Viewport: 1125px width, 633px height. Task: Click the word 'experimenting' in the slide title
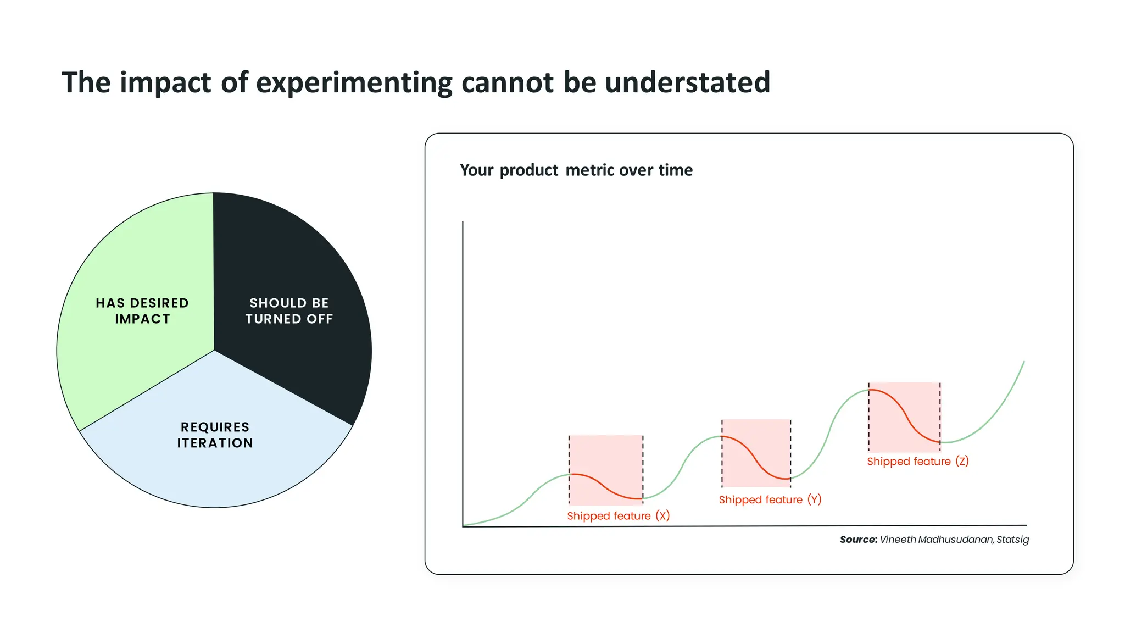[354, 83]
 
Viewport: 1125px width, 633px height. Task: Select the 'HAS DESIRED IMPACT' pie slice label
[142, 311]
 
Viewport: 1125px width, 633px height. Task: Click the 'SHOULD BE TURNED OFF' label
[289, 311]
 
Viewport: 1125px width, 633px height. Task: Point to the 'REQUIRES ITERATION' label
[215, 435]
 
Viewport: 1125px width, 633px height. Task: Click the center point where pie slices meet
[214, 351]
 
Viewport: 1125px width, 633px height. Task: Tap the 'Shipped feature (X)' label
[618, 516]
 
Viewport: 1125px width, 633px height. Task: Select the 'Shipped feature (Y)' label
[770, 500]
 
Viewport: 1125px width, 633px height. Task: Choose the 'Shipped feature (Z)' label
[917, 462]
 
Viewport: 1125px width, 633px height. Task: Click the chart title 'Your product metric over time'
[576, 170]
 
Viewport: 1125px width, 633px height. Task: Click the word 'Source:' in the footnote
[858, 540]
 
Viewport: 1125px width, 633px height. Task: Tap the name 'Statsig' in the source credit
[1012, 540]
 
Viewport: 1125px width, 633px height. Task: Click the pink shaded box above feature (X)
[606, 456]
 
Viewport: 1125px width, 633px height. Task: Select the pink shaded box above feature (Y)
[756, 440]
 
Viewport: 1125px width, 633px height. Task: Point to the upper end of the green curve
[1024, 362]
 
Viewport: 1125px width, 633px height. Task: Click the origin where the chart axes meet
[463, 526]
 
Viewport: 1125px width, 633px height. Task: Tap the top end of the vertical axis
[463, 222]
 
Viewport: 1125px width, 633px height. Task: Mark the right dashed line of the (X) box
[643, 470]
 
